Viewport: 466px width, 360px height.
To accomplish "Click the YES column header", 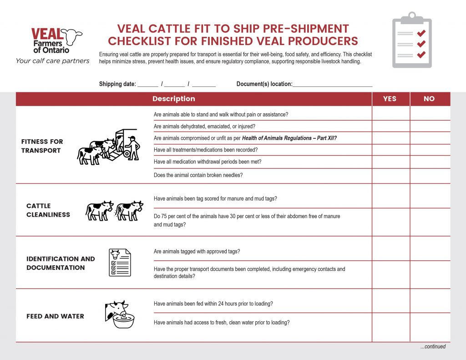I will tap(390, 99).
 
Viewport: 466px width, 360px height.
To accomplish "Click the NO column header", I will tap(429, 99).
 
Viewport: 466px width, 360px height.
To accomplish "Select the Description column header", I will tap(173, 99).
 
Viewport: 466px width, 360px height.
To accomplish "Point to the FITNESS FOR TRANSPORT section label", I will tap(42, 146).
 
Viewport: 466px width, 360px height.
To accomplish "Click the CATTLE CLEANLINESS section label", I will tap(48, 210).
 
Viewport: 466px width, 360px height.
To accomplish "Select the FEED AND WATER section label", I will tap(55, 316).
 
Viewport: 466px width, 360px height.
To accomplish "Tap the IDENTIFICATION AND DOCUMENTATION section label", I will tap(61, 263).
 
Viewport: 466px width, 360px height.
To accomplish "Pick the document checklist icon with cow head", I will tap(120, 263).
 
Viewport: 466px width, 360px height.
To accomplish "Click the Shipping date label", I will tap(117, 84).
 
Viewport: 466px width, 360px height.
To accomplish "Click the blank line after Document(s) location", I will tap(332, 85).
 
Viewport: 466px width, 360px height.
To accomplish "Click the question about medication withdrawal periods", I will tap(208, 162).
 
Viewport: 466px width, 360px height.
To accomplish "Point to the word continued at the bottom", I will tap(433, 347).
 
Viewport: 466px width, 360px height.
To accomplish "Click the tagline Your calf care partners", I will tap(52, 61).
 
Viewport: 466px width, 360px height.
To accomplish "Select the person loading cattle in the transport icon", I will tap(132, 147).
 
